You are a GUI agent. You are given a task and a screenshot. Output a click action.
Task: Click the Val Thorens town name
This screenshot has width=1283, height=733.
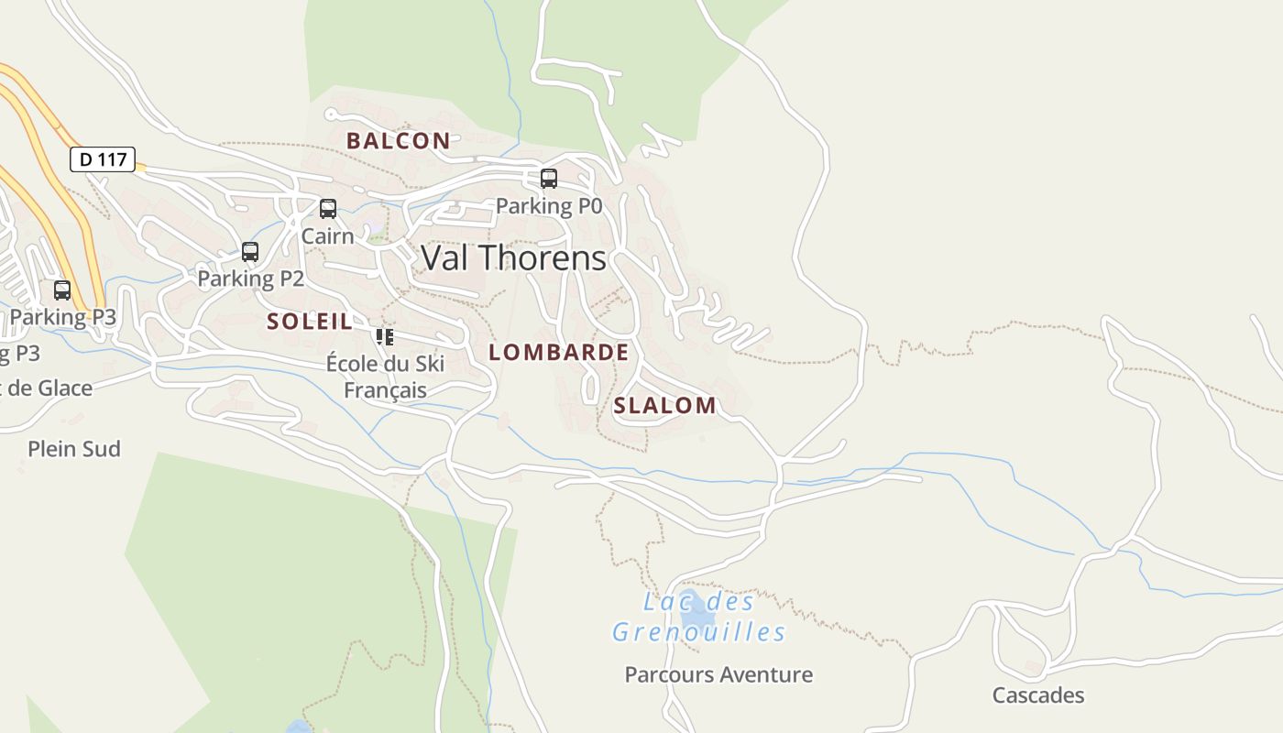(513, 258)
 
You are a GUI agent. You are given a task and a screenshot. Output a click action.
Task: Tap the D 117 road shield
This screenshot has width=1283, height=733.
(103, 159)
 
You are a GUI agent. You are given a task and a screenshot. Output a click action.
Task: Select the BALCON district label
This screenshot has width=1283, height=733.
(398, 141)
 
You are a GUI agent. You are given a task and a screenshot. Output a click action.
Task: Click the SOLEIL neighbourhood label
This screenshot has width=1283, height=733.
(309, 322)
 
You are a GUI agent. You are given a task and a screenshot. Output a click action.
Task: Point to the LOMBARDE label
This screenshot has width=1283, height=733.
(558, 353)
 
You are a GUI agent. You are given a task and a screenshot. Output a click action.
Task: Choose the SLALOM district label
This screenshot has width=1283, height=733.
(664, 406)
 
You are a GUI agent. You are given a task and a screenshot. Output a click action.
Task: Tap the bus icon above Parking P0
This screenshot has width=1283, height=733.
(549, 179)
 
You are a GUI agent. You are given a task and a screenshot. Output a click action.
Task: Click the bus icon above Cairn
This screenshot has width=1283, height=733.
(328, 209)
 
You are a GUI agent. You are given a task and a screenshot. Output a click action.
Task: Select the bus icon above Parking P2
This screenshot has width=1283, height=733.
(250, 251)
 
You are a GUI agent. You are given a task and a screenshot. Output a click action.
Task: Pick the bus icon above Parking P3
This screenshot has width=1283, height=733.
(62, 290)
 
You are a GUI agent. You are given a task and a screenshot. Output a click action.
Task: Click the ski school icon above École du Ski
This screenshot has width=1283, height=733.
(385, 336)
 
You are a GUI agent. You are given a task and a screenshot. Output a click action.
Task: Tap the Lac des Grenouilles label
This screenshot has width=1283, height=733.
(698, 618)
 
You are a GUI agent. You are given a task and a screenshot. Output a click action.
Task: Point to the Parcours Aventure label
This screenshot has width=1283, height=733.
(718, 675)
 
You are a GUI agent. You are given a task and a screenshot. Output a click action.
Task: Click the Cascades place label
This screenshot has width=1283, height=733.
(1037, 695)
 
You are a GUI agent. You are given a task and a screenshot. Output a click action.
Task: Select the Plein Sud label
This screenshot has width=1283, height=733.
(74, 449)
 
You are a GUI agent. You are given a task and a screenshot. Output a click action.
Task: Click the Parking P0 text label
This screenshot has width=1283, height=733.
(549, 206)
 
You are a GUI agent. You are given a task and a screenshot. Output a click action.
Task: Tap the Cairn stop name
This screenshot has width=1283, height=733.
(327, 236)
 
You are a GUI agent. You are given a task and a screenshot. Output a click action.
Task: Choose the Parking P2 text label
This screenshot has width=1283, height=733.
(250, 279)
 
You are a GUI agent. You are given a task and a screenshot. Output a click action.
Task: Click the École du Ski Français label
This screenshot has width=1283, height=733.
(385, 377)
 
